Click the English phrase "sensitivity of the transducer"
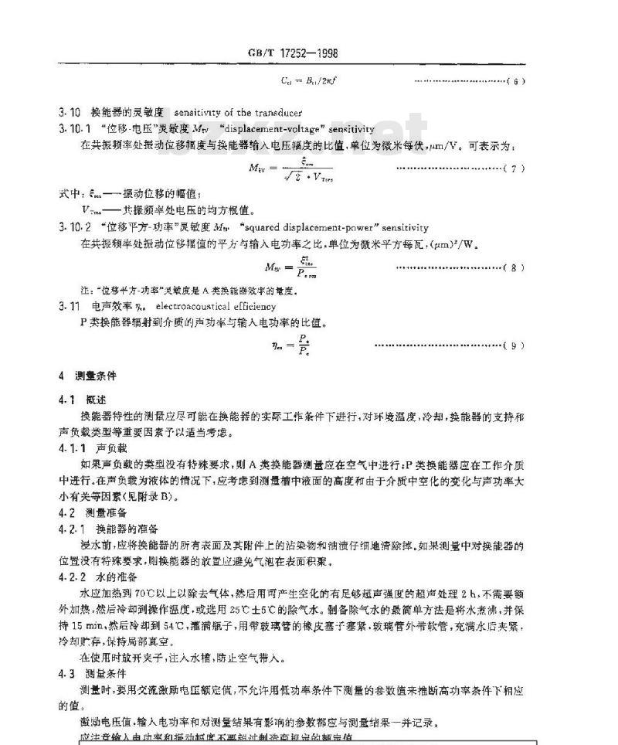pos(238,113)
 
